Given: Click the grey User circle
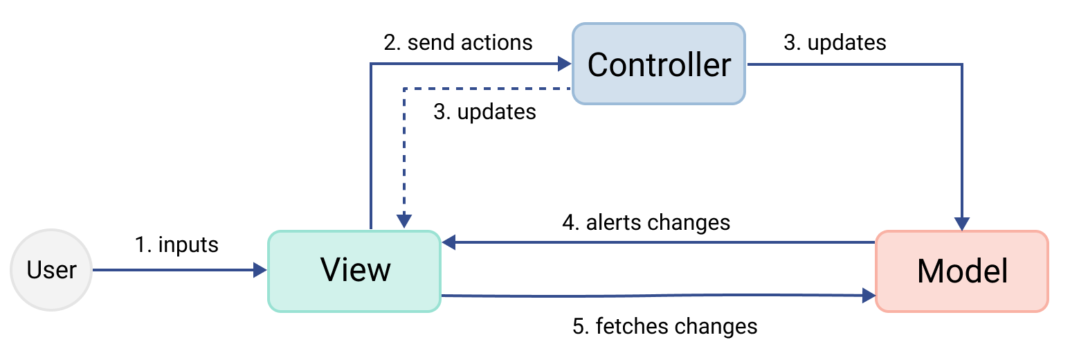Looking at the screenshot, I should click(51, 270).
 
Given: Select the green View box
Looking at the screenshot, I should click(354, 271).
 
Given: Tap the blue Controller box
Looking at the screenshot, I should click(658, 64).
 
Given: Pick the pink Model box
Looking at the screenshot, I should click(962, 271).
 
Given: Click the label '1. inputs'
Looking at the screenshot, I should click(176, 244).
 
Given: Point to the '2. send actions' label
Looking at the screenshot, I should click(458, 42).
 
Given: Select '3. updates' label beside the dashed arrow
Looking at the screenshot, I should click(484, 111).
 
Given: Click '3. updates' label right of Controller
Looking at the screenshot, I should click(835, 42).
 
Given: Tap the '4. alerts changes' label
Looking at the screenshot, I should click(646, 222).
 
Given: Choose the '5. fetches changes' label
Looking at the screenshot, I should click(665, 325).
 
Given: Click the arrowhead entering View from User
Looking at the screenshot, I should click(261, 270).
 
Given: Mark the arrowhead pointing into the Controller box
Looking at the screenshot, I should click(565, 64).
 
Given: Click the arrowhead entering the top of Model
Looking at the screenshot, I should click(962, 224).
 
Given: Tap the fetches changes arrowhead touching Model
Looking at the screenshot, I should click(869, 296).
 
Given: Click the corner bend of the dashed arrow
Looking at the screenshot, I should click(403, 89).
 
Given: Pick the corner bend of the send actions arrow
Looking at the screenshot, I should click(371, 64).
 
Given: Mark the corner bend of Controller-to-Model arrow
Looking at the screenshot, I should click(962, 64).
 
